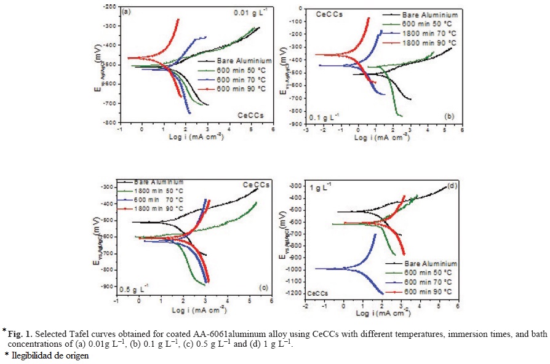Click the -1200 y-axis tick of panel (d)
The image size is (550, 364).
[x=292, y=293]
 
